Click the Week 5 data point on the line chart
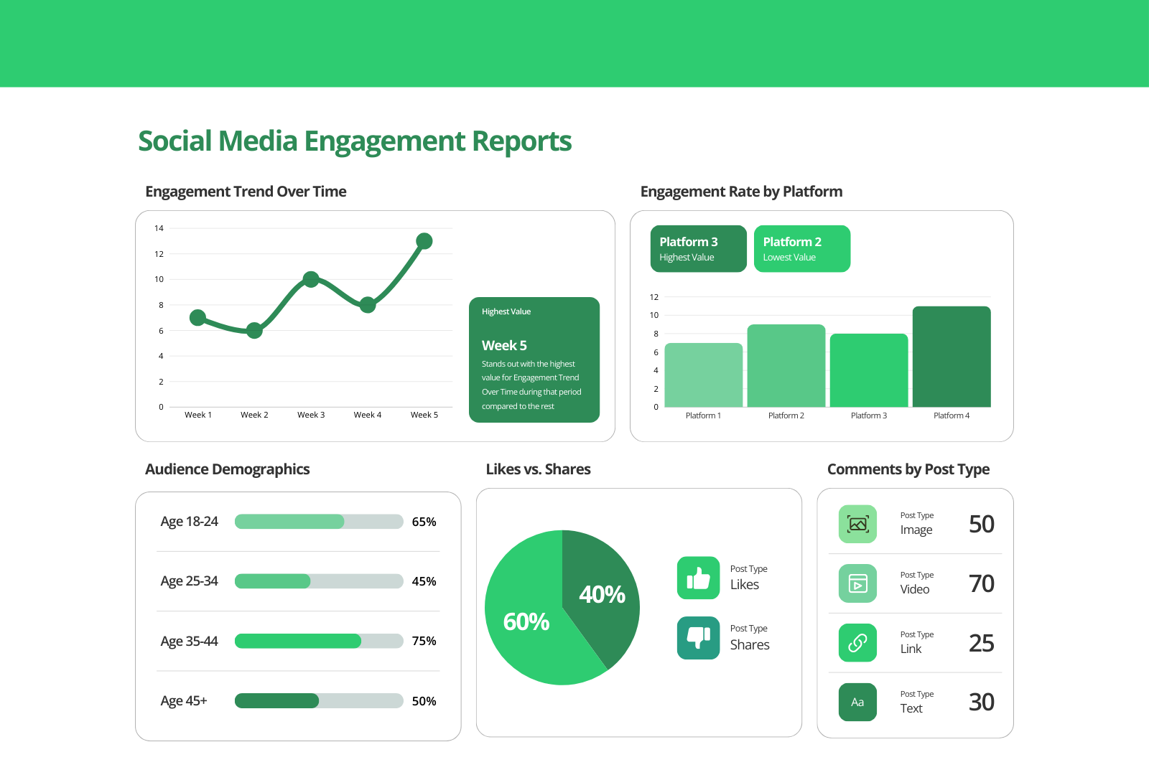tap(424, 241)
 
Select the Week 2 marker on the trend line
tap(254, 330)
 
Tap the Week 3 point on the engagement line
tap(311, 279)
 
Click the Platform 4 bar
tap(951, 357)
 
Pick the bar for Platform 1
tap(703, 375)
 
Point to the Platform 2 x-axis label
tap(786, 415)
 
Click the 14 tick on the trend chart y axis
tap(159, 228)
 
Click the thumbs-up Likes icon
tap(698, 578)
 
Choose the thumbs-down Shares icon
tap(698, 637)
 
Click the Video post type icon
tap(857, 583)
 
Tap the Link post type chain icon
tap(857, 643)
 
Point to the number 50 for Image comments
tap(981, 524)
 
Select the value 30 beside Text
tap(981, 702)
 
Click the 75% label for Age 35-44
tap(424, 641)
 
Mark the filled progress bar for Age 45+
tap(276, 701)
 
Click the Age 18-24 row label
tap(189, 522)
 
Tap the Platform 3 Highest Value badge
tap(698, 249)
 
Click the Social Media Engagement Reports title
tap(355, 141)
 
